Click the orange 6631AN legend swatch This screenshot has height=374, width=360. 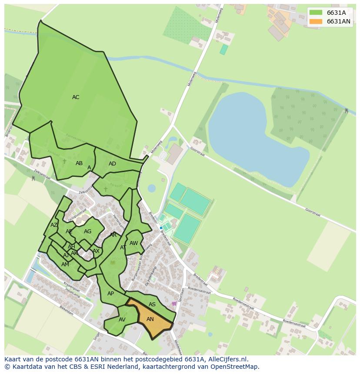click(316, 21)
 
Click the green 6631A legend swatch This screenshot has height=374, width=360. click(316, 13)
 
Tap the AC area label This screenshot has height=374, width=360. click(76, 97)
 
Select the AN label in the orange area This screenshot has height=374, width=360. click(150, 319)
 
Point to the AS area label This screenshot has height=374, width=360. click(152, 304)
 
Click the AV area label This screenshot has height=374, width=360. click(122, 320)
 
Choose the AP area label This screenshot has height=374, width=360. click(110, 294)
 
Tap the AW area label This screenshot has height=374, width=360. click(133, 243)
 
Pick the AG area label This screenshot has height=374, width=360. click(87, 232)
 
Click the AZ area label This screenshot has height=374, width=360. click(54, 225)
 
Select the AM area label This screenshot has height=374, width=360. click(65, 265)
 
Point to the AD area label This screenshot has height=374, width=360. click(112, 164)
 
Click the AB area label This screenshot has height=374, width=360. click(79, 163)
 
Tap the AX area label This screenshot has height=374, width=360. click(96, 251)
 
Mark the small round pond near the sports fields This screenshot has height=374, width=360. click(151, 188)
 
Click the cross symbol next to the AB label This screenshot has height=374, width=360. click(65, 162)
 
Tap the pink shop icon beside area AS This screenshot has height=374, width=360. click(174, 304)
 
